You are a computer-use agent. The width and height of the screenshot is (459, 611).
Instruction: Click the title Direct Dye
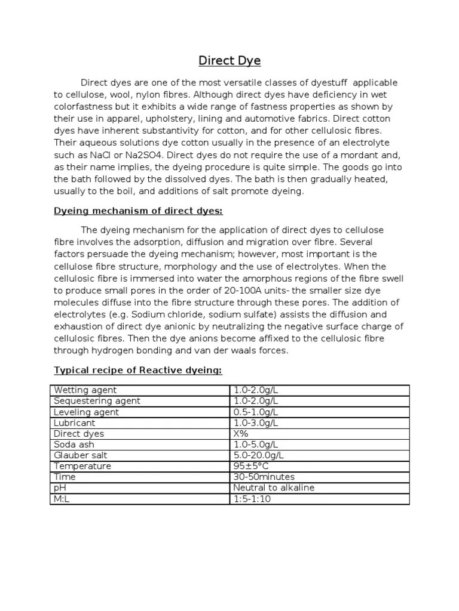point(229,61)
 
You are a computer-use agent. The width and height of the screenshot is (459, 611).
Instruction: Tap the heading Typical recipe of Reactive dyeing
point(138,371)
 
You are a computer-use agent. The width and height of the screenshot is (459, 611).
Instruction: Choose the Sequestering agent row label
point(97,401)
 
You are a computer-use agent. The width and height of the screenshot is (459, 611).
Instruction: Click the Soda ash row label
point(74,445)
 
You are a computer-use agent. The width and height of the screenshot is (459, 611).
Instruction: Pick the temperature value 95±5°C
point(252,466)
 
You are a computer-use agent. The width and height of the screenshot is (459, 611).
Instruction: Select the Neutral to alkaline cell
point(274,487)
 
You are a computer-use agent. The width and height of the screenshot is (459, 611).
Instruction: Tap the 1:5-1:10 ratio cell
point(252,498)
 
